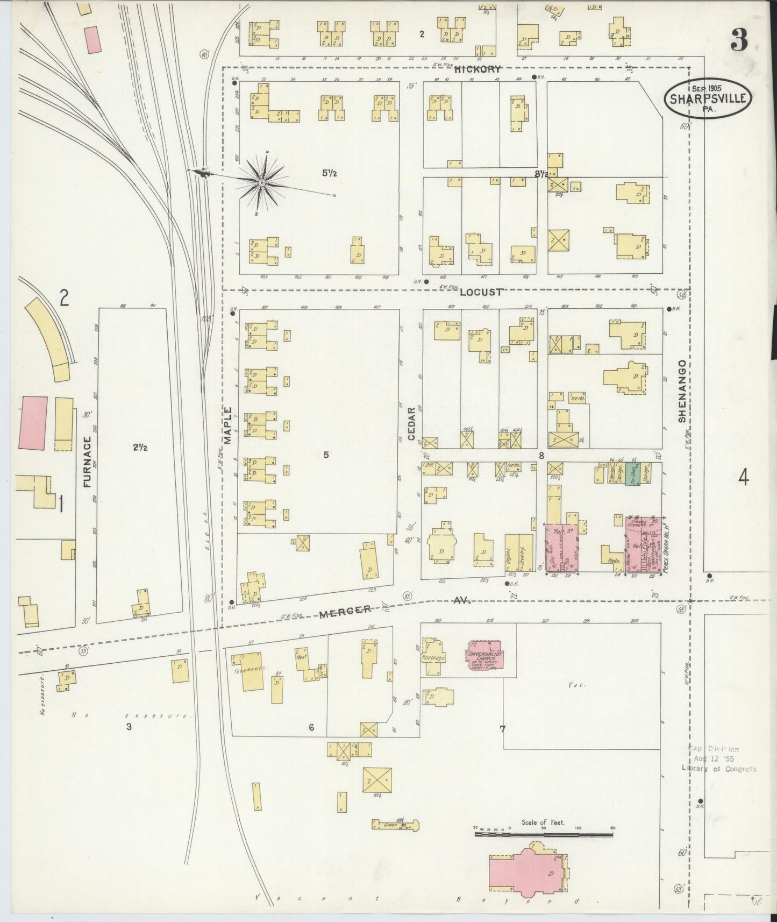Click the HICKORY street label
click(x=477, y=69)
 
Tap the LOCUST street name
click(x=481, y=292)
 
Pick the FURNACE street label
click(x=88, y=462)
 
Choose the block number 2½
click(x=139, y=448)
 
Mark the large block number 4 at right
click(x=743, y=477)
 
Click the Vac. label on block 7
click(x=574, y=685)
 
